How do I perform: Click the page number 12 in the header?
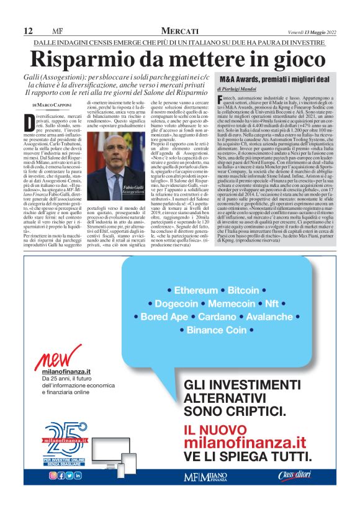pos(28,31)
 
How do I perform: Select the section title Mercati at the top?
pos(180,31)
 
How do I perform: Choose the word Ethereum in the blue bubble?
pos(196,291)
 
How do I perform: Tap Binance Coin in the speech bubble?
pos(216,330)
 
